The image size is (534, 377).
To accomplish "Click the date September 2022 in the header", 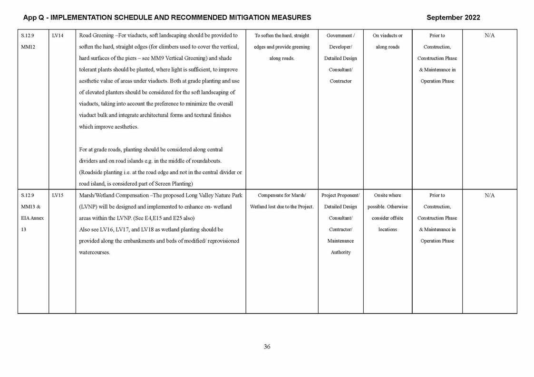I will (x=453, y=18).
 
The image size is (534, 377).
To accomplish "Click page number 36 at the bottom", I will (x=267, y=347).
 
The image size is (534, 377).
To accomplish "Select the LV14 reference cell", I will (x=58, y=36).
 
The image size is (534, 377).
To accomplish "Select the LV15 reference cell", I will (x=58, y=195).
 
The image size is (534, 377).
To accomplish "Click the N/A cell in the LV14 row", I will (x=489, y=36).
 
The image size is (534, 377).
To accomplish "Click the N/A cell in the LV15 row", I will (x=489, y=195).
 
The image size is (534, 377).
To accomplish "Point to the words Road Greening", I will (x=97, y=36).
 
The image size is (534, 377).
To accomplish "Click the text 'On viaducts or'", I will (x=388, y=36).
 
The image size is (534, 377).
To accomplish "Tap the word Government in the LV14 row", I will (x=339, y=36).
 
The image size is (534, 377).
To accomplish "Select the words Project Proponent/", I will (x=340, y=195).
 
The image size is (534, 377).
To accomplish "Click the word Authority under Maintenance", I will (x=340, y=252).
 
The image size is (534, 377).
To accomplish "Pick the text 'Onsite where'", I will (x=388, y=195).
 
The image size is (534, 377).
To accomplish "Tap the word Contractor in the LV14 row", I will (x=340, y=81).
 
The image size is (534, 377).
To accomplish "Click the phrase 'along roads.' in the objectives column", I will (x=282, y=58).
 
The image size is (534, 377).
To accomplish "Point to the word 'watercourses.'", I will (x=95, y=252).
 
